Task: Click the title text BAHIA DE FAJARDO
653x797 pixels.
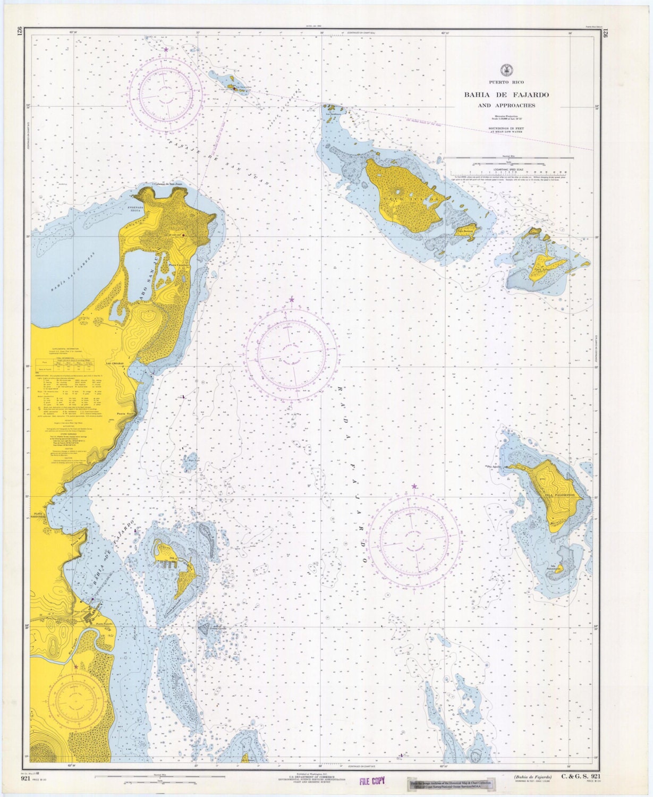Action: coord(506,95)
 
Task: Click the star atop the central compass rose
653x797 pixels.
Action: coord(292,300)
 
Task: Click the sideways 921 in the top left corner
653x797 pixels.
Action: coord(20,32)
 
